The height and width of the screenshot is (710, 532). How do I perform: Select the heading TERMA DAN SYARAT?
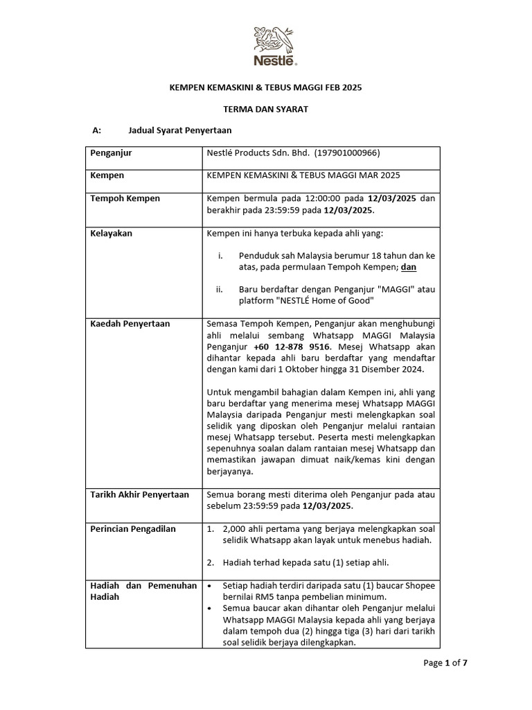266,109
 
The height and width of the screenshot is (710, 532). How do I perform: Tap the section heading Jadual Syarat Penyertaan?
180,130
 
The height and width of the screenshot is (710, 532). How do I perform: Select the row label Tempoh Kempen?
125,198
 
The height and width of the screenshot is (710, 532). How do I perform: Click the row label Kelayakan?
112,233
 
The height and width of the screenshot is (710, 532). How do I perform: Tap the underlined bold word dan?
409,266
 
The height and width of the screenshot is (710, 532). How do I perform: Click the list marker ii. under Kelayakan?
221,289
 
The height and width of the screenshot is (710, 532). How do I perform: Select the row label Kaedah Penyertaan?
130,323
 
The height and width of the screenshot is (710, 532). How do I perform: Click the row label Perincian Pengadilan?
133,528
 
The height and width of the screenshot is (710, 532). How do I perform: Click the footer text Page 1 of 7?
445,663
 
